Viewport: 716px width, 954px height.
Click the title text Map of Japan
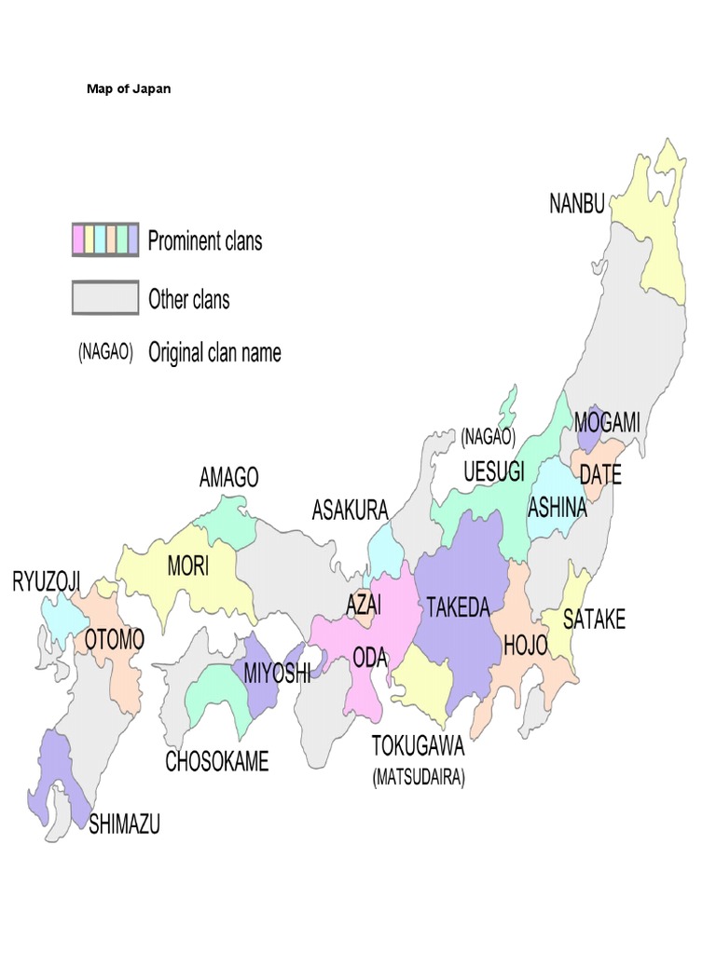(129, 89)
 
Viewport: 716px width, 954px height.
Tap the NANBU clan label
(576, 204)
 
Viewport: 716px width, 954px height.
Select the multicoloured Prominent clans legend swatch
(105, 240)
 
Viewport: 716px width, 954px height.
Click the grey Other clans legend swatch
(105, 299)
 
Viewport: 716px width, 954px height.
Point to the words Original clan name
(214, 353)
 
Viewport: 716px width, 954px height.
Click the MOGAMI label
(607, 422)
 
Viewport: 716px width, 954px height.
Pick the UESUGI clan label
(494, 470)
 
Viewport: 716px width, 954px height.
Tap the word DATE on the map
(599, 474)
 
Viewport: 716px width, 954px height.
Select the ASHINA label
(558, 508)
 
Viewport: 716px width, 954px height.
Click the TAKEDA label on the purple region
(457, 608)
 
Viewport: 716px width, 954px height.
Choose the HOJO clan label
(525, 645)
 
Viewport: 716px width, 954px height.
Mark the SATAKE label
(594, 619)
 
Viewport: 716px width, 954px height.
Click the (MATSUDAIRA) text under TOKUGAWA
(419, 777)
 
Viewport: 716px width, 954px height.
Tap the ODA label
(370, 657)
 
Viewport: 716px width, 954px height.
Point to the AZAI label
(364, 605)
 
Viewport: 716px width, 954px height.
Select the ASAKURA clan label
(350, 510)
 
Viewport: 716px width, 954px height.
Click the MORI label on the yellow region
(188, 566)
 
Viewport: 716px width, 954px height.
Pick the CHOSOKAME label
(217, 761)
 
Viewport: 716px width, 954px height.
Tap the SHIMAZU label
(124, 824)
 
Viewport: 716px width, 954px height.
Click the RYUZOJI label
(46, 583)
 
